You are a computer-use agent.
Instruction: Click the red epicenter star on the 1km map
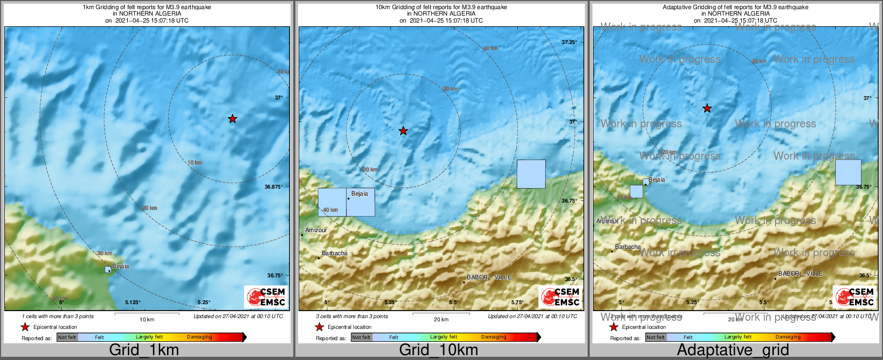[232, 119]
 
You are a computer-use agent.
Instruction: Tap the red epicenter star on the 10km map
[403, 131]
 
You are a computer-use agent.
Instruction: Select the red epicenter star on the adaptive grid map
[707, 109]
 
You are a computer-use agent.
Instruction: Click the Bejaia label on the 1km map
[120, 266]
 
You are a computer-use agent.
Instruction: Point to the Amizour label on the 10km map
[316, 230]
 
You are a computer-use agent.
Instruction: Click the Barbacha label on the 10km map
[335, 253]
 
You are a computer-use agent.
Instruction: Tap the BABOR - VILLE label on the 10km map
[489, 277]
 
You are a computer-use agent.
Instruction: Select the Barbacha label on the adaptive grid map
[628, 247]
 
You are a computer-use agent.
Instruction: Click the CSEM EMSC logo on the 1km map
[265, 297]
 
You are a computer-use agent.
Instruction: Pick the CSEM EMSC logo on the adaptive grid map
[854, 297]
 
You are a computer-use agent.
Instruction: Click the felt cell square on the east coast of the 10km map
[531, 174]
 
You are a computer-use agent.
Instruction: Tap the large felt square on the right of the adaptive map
[848, 172]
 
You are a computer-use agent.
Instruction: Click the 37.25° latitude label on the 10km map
[569, 42]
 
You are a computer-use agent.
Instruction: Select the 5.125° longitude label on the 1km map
[132, 303]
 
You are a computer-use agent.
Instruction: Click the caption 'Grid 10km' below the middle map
[438, 350]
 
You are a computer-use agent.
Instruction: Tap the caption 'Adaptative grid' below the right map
[733, 350]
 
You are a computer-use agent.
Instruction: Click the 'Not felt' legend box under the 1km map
[67, 337]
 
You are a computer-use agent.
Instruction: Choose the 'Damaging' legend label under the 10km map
[494, 337]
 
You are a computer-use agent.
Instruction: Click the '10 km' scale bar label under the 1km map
[147, 320]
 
